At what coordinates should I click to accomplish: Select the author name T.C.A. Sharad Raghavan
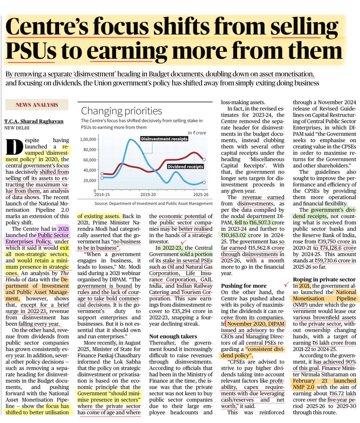pyautogui.click(x=34, y=121)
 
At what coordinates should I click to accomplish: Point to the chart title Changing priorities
pyautogui.click(x=122, y=111)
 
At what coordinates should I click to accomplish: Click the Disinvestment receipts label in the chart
pyautogui.click(x=165, y=139)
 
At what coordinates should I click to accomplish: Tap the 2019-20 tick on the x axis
pyautogui.click(x=148, y=194)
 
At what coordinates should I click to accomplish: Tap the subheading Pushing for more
pyautogui.click(x=241, y=286)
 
